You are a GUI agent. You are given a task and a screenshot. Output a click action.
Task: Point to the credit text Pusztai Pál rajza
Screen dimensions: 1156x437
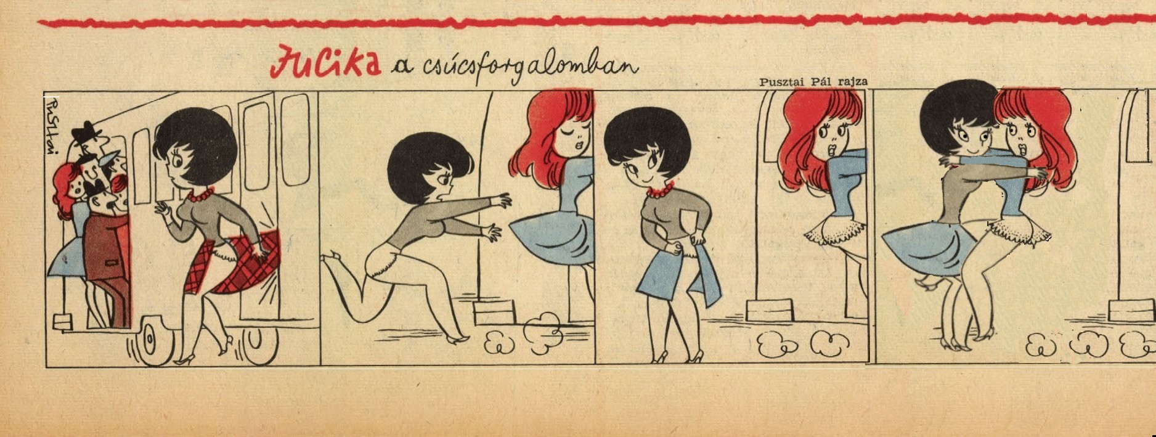[813, 81]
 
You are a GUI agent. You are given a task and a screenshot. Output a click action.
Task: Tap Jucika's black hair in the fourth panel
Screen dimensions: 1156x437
[949, 114]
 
